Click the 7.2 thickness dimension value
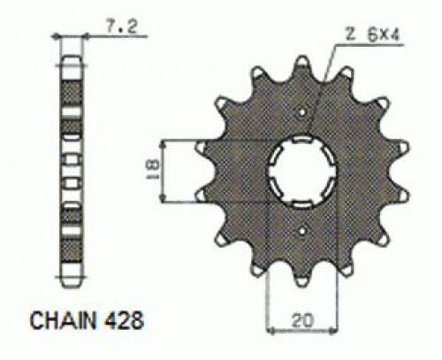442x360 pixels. click(122, 27)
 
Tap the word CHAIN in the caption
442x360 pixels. click(64, 320)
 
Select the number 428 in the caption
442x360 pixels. click(124, 320)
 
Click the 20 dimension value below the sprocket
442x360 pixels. click(301, 319)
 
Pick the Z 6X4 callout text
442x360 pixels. click(372, 36)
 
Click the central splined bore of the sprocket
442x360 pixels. click(302, 172)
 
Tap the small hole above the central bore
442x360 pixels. click(302, 112)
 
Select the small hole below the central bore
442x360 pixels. click(302, 232)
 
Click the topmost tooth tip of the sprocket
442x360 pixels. click(302, 60)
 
